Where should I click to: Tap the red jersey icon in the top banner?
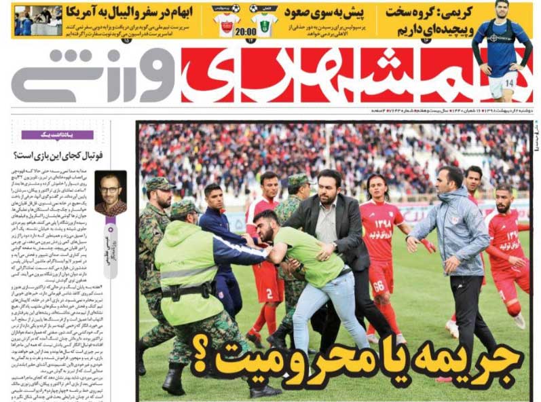click(227, 20)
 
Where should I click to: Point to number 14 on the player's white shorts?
click(509, 84)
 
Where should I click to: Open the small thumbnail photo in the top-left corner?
click(38, 20)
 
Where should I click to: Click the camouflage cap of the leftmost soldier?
click(160, 184)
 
